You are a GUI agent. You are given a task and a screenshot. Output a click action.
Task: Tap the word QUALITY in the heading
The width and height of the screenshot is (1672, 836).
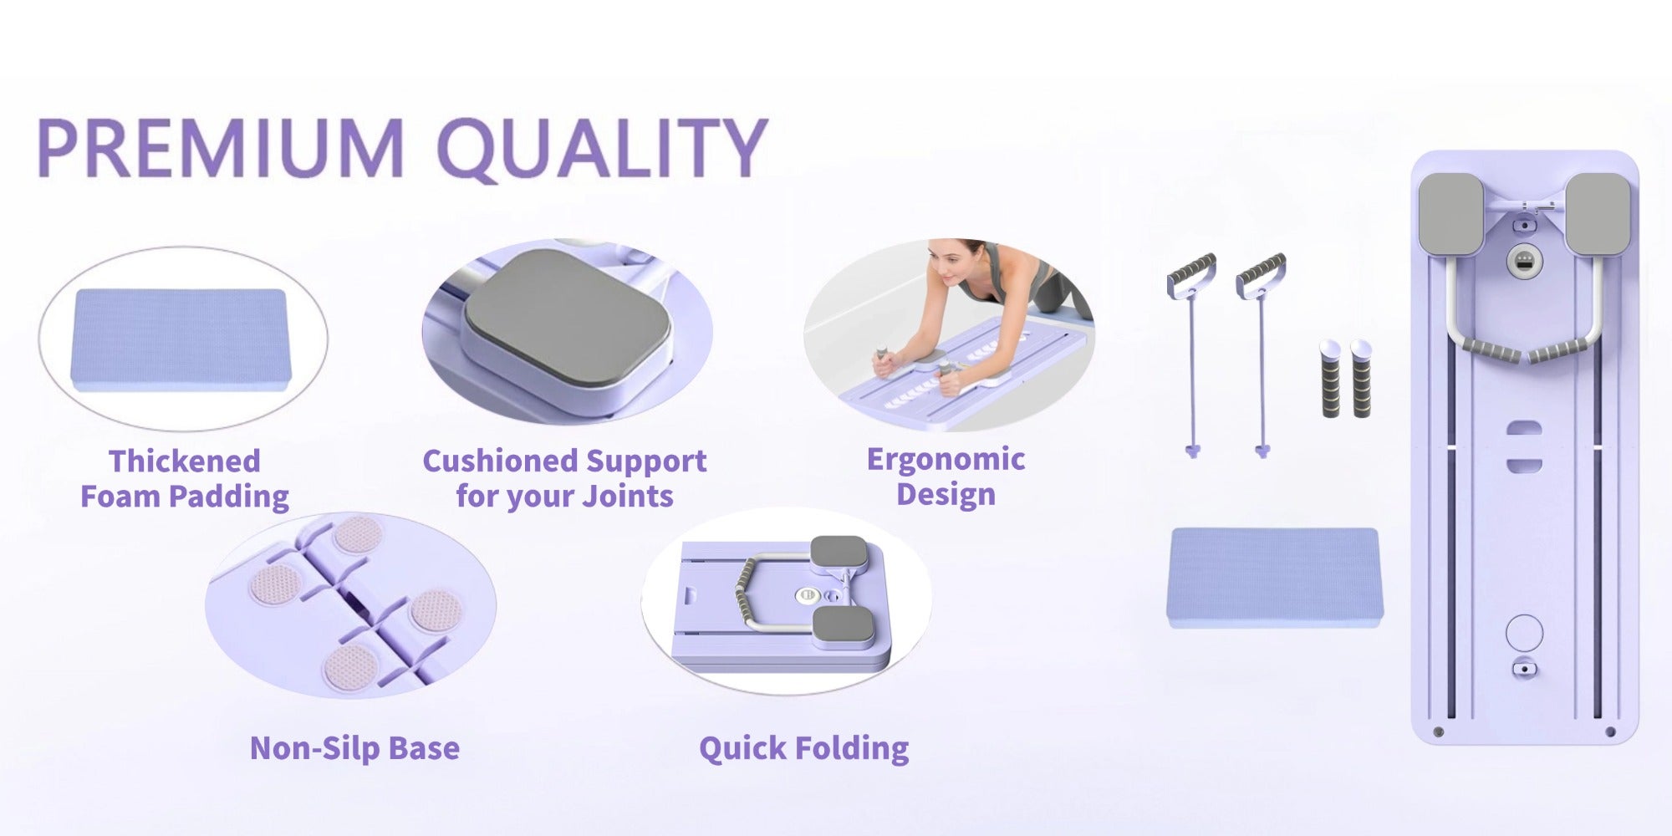[602, 149]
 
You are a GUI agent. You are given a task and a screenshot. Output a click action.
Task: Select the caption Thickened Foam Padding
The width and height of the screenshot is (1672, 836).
[185, 478]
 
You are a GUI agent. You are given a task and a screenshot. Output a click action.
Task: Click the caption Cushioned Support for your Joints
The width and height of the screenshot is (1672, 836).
[564, 478]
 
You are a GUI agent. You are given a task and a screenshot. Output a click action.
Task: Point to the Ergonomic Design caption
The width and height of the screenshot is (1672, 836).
[946, 477]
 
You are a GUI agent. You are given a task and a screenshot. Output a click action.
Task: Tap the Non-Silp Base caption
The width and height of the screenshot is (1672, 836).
[354, 747]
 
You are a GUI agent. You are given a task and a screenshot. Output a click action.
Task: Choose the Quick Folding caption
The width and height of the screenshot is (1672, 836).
[803, 748]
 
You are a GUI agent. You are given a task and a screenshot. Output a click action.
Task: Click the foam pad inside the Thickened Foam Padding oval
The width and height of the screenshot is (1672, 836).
[181, 339]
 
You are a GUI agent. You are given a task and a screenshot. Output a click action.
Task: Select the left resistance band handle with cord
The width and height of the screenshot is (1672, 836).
[1191, 355]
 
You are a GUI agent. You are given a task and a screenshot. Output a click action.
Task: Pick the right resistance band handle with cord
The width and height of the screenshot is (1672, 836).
[1262, 355]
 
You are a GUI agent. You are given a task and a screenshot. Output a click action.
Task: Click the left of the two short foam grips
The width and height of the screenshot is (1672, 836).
[1330, 379]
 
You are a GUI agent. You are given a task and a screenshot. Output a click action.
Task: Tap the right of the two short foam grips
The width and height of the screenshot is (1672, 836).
[1361, 379]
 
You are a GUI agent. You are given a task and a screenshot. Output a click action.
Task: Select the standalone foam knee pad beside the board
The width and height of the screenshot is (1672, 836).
[1275, 577]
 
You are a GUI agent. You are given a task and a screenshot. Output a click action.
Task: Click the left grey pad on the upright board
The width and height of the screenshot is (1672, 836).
[1450, 214]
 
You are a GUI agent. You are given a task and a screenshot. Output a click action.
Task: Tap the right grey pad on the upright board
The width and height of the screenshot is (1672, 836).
[1598, 214]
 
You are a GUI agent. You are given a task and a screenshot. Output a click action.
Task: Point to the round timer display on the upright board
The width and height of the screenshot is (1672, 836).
[1524, 262]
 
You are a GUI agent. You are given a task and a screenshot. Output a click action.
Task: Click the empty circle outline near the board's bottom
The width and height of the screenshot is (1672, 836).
[1524, 633]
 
